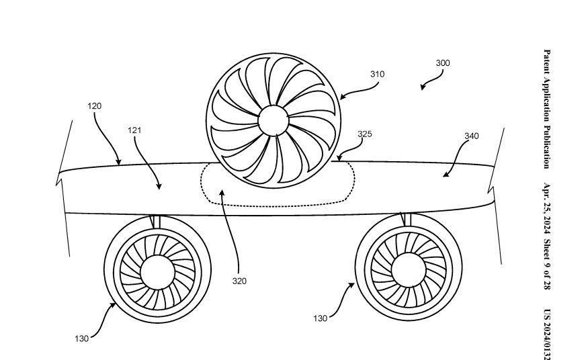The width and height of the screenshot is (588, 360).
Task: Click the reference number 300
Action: tap(442, 63)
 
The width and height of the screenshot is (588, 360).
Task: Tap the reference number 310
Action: tap(377, 74)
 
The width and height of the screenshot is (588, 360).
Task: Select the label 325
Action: tap(364, 134)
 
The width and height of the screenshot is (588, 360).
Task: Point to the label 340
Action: tap(471, 136)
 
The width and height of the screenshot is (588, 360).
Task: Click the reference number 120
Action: tap(94, 106)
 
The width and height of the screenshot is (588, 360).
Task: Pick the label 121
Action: tap(134, 130)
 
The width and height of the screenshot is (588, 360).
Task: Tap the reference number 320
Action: tap(239, 281)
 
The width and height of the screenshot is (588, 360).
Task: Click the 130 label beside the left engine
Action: tap(81, 339)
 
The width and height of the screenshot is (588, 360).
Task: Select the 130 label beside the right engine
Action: tap(320, 318)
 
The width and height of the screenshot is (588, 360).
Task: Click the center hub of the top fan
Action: tap(273, 120)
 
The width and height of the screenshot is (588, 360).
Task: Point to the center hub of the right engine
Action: tap(408, 269)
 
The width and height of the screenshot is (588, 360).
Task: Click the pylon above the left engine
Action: tap(155, 222)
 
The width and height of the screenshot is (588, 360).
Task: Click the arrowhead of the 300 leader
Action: tap(423, 88)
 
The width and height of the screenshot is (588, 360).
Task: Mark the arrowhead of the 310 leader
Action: tap(341, 97)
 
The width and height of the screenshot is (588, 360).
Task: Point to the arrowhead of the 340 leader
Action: tap(444, 175)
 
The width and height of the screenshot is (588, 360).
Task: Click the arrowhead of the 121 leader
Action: tap(159, 188)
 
